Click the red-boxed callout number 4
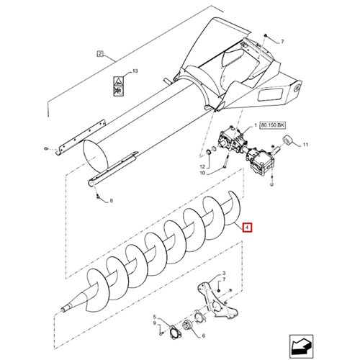click(247, 228)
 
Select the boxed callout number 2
click(100, 53)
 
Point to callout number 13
click(135, 71)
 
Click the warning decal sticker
click(118, 86)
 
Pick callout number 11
click(305, 145)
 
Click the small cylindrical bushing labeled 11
click(287, 140)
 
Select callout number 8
click(111, 201)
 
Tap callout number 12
click(202, 166)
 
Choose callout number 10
click(202, 173)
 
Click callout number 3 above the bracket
click(224, 273)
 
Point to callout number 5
click(155, 317)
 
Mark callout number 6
click(204, 336)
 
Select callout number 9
click(155, 323)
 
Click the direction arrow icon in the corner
click(301, 346)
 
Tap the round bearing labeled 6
click(187, 325)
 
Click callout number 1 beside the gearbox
click(256, 125)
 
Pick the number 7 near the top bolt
click(282, 42)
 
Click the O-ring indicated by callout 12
click(209, 152)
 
